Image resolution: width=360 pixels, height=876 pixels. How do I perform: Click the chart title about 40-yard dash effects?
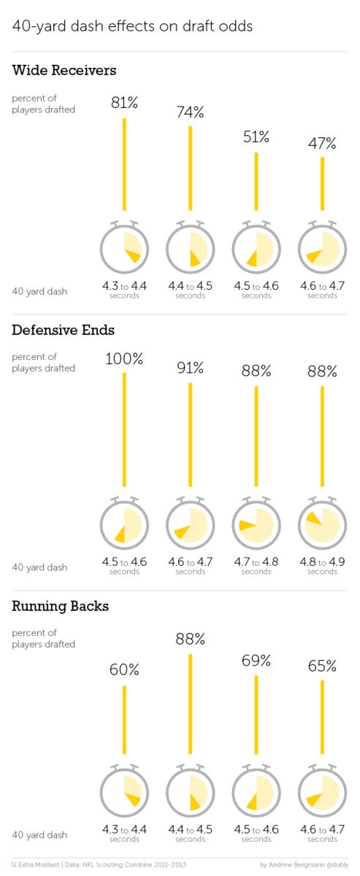coord(132,26)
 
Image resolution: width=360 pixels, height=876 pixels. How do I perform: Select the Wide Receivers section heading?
coord(64,71)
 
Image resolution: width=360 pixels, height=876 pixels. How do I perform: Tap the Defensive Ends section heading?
coord(63,330)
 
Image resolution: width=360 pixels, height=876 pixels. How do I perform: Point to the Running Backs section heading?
coord(61,606)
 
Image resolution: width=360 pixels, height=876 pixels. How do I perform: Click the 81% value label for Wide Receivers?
coord(124,104)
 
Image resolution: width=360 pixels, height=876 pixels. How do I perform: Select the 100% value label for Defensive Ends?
coord(124,359)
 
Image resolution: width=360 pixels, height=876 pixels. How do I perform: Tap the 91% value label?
coord(190,368)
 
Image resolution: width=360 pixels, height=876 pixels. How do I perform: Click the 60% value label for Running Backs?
coord(124,670)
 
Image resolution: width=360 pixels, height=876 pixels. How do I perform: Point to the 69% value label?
coord(256,661)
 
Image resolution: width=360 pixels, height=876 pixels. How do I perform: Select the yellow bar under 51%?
coord(256,180)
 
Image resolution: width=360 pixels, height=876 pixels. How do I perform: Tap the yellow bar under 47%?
coord(322,183)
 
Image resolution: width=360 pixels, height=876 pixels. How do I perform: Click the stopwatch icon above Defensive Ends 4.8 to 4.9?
coord(322,523)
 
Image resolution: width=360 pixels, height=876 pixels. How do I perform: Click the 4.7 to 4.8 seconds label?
coord(256,565)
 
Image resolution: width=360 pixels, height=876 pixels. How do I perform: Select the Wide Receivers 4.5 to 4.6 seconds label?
coord(256,289)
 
